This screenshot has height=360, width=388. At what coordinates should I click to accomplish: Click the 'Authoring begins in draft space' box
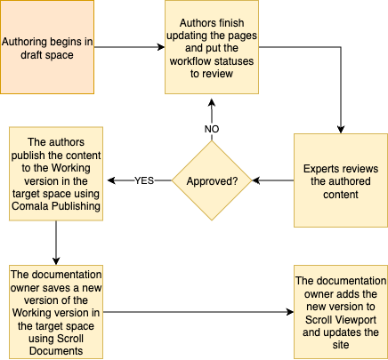pyautogui.click(x=46, y=47)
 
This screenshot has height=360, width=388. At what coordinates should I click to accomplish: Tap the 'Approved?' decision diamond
pyautogui.click(x=212, y=180)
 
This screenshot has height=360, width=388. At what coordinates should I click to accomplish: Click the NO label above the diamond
pyautogui.click(x=212, y=129)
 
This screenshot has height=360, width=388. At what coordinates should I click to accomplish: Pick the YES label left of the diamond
pyautogui.click(x=143, y=180)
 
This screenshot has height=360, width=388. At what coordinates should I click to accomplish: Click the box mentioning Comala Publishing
pyautogui.click(x=56, y=174)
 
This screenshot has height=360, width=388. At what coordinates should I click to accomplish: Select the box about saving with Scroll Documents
pyautogui.click(x=56, y=311)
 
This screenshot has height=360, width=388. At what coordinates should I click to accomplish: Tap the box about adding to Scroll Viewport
pyautogui.click(x=341, y=311)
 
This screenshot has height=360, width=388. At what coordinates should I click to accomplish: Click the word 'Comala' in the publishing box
pyautogui.click(x=49, y=207)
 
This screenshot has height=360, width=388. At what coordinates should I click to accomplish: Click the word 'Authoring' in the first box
pyautogui.click(x=28, y=41)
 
